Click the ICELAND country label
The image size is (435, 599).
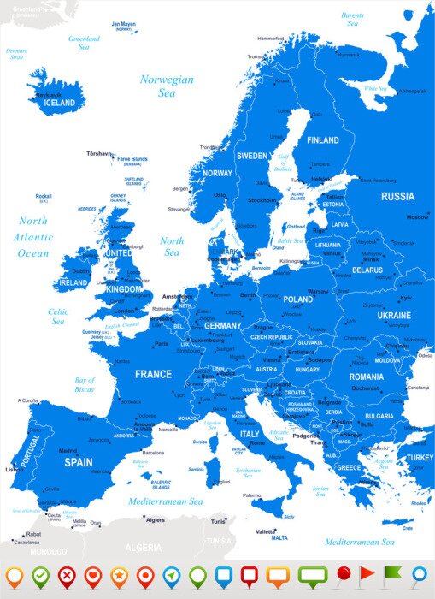60,103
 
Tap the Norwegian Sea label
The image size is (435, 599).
167,86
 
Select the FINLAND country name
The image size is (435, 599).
323,140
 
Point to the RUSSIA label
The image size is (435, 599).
397,196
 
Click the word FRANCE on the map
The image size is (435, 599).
153,374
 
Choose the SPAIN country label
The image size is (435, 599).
78,461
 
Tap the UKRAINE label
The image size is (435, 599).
393,315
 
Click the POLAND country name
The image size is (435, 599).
298,299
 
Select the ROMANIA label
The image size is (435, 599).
366,377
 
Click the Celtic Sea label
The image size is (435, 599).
58,317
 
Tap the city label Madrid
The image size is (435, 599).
68,450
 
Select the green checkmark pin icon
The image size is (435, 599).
40,576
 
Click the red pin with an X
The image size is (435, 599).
67,576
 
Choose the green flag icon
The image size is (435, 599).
392,574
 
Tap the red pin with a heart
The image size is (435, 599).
92,576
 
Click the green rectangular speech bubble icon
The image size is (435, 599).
313,574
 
